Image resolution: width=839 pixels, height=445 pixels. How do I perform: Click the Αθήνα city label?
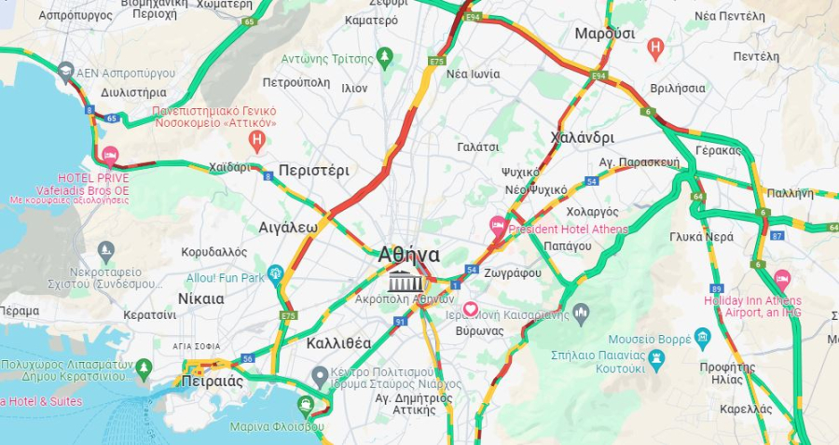[x=409, y=255]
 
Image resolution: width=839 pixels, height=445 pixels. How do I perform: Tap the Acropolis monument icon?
[x=405, y=281]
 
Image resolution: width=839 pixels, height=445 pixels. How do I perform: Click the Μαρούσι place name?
[x=604, y=34]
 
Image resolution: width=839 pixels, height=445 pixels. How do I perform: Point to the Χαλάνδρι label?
[x=583, y=137]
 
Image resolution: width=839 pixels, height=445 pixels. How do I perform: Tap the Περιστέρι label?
[x=313, y=171]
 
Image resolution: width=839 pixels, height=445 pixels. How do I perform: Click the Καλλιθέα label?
[x=338, y=343]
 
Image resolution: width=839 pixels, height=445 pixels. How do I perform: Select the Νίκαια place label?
[x=200, y=299]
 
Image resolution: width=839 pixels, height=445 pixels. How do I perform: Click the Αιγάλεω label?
[x=288, y=227]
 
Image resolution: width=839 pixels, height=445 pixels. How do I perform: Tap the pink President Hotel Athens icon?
[x=499, y=226]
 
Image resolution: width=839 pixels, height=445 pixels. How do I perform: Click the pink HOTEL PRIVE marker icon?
[x=110, y=157]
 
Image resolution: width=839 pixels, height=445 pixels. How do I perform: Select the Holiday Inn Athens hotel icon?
[x=781, y=279]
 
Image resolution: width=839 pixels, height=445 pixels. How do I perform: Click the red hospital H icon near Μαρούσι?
[x=655, y=46]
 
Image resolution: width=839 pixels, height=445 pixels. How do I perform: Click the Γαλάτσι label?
[x=478, y=147]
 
